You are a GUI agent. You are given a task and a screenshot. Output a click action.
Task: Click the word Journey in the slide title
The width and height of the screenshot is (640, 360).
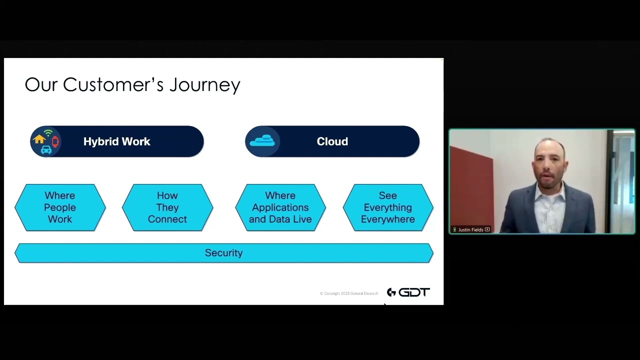204,85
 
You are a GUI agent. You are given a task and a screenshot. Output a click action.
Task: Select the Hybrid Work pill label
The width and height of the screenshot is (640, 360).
116,141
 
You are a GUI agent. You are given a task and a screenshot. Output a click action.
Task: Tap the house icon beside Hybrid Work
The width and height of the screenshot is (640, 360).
39,139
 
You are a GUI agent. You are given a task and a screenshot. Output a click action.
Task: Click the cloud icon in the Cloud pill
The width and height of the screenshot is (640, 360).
262,141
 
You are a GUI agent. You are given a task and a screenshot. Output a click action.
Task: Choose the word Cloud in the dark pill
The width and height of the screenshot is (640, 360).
332,141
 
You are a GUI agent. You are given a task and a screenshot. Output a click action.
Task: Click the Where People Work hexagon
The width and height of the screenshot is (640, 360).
60,207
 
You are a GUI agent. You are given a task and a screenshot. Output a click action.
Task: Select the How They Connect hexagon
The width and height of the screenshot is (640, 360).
167,207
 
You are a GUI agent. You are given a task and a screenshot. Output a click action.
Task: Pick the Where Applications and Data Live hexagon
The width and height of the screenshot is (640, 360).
280,207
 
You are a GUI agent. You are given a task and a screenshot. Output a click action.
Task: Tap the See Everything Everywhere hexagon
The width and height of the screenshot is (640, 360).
388,207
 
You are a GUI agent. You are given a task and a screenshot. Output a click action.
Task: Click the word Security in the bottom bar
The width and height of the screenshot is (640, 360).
223,253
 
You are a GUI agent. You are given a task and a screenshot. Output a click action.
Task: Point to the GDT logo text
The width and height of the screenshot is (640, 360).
414,292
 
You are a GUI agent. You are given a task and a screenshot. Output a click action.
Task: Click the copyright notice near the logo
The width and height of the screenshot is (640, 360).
349,293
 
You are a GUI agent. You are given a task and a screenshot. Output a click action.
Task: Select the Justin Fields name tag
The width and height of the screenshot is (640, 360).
471,229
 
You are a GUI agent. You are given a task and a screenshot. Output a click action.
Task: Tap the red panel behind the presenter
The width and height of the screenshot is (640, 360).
470,190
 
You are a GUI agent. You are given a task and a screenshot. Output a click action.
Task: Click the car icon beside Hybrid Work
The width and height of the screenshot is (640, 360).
46,149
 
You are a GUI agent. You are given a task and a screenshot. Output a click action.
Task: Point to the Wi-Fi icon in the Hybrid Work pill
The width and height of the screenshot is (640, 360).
48,133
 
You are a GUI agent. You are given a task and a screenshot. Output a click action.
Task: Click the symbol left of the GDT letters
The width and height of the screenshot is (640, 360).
391,292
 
